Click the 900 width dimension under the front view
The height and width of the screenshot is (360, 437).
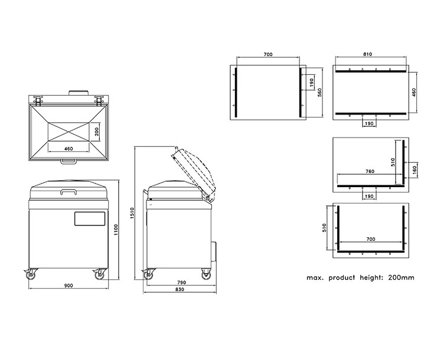tap(69, 286)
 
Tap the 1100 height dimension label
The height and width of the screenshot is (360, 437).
tap(116, 230)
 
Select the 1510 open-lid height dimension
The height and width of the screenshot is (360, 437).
tap(132, 212)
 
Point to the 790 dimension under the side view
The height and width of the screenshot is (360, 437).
tap(181, 283)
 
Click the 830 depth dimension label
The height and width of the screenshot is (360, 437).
tap(180, 289)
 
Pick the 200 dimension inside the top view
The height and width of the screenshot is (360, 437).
tap(97, 132)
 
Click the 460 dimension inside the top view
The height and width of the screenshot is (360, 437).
tap(69, 149)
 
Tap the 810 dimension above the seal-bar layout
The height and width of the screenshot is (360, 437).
tap(367, 54)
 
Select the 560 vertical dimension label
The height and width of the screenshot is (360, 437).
tap(319, 93)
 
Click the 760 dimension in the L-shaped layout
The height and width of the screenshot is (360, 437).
tap(370, 172)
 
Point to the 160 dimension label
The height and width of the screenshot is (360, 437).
tap(415, 169)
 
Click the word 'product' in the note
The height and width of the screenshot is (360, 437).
tap(342, 278)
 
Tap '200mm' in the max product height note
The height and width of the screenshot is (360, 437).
tap(401, 277)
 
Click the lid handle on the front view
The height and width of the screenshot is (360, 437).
tap(69, 192)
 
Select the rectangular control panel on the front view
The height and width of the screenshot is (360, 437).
tap(90, 218)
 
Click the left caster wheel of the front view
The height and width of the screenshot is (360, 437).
tap(30, 274)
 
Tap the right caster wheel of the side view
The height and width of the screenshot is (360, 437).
tap(206, 274)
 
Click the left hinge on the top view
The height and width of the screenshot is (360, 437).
tap(38, 100)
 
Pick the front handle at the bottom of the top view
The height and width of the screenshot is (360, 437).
tap(69, 161)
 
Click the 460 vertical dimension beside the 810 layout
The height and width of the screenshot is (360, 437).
tap(414, 93)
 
